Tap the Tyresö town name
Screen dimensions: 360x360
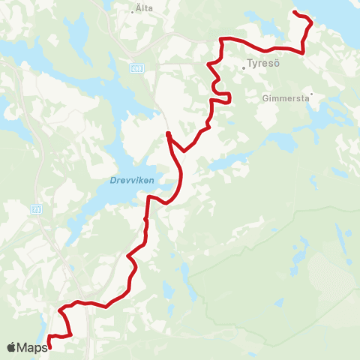(x=262, y=64)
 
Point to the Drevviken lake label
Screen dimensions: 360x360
(x=119, y=180)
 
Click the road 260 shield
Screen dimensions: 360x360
(x=136, y=67)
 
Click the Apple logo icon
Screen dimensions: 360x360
(x=11, y=346)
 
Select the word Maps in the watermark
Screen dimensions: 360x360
(x=32, y=346)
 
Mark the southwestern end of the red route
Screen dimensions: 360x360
(x=49, y=347)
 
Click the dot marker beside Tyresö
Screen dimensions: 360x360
(x=244, y=67)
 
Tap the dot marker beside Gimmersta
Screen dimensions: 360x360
(x=311, y=94)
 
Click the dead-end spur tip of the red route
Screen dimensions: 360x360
(x=168, y=133)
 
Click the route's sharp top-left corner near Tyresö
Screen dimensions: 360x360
(x=220, y=39)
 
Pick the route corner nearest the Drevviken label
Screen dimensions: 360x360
(x=149, y=197)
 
